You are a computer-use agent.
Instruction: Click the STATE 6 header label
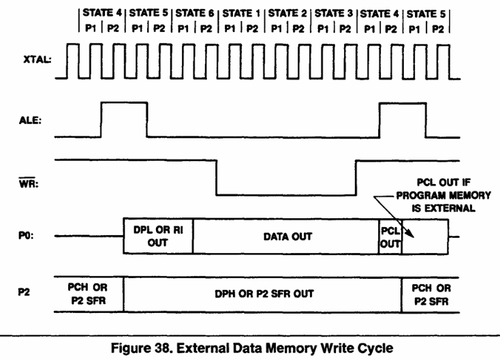coord(195,13)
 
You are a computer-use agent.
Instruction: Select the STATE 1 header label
coord(241,14)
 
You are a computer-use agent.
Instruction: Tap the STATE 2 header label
coord(287,14)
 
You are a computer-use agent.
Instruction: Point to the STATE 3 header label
coord(334,14)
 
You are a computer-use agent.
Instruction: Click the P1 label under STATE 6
coord(183,29)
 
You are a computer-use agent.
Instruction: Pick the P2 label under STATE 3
coord(345,29)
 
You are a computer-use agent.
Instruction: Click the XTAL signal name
coord(37,60)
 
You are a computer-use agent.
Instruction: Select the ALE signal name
coord(30,120)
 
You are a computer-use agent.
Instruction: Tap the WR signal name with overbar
coord(29,183)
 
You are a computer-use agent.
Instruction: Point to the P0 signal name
coord(26,235)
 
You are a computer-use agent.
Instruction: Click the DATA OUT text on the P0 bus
coord(287,237)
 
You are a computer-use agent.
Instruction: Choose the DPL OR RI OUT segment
coord(158,236)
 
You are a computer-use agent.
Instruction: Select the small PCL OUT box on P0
coord(390,237)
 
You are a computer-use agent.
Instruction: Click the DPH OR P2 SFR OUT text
coord(264,294)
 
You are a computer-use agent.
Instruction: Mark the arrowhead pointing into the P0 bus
coord(411,235)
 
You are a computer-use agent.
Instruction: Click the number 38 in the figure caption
coord(162,348)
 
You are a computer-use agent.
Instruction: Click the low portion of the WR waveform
coord(286,195)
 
